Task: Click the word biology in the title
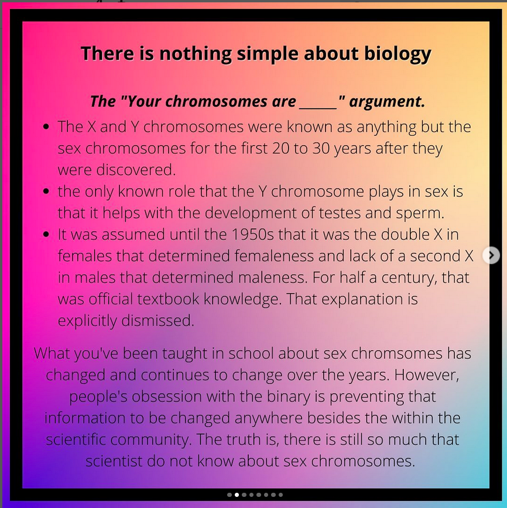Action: coord(398,54)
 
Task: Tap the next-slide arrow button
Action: coord(491,255)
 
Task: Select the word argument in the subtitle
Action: coord(387,102)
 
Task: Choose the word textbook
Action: coord(168,299)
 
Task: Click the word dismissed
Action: coord(157,321)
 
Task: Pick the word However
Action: coord(427,375)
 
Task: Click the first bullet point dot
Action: coord(46,126)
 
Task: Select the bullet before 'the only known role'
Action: coord(46,191)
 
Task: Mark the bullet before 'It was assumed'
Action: coord(46,234)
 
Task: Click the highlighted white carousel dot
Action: coord(237,495)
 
